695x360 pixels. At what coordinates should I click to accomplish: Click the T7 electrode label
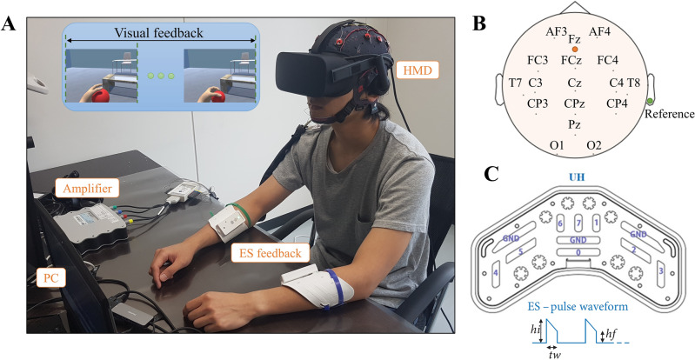point(515,83)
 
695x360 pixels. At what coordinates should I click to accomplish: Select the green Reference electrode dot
point(650,101)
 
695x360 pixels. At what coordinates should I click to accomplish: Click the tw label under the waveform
point(553,354)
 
